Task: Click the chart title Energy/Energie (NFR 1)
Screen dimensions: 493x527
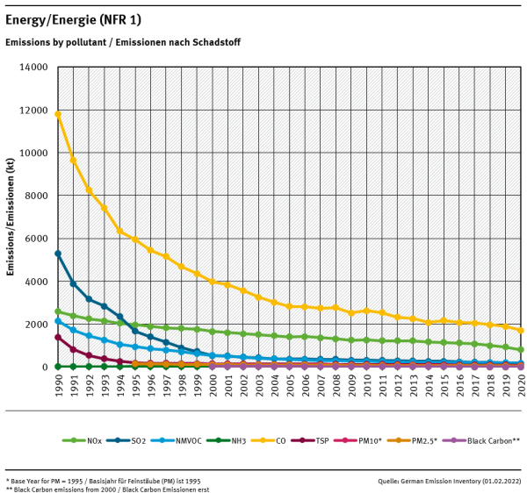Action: click(73, 19)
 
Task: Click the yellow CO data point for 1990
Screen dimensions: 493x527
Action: click(58, 114)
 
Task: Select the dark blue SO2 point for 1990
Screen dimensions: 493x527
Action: click(58, 254)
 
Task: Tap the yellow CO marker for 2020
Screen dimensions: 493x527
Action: click(521, 331)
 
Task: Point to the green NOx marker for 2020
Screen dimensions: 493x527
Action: click(521, 350)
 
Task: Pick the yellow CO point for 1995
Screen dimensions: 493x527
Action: click(135, 239)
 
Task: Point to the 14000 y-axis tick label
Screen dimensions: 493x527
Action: click(33, 67)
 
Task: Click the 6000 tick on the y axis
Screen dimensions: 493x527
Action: click(36, 239)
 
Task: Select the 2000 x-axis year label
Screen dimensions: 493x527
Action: click(213, 383)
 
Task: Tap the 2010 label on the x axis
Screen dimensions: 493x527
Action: click(366, 383)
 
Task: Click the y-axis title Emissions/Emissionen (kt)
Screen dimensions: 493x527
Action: click(11, 217)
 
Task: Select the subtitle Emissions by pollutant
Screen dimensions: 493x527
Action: click(123, 42)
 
